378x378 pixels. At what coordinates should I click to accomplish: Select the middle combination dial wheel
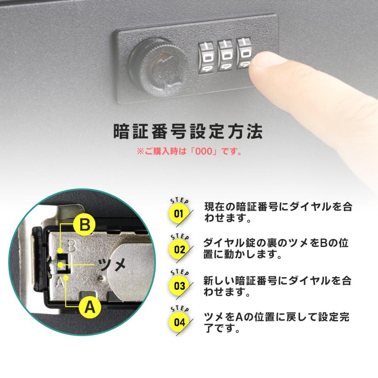point(227,55)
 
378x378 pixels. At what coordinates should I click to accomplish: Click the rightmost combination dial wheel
point(246,54)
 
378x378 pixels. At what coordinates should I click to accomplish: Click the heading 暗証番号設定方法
point(189,131)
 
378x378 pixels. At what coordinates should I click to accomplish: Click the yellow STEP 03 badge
point(179,286)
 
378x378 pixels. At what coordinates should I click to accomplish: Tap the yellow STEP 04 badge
point(179,323)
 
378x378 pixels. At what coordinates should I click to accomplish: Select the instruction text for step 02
point(277,249)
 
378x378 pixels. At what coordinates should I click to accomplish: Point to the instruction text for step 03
point(277,286)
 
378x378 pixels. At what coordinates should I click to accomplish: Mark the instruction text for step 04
point(277,322)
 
